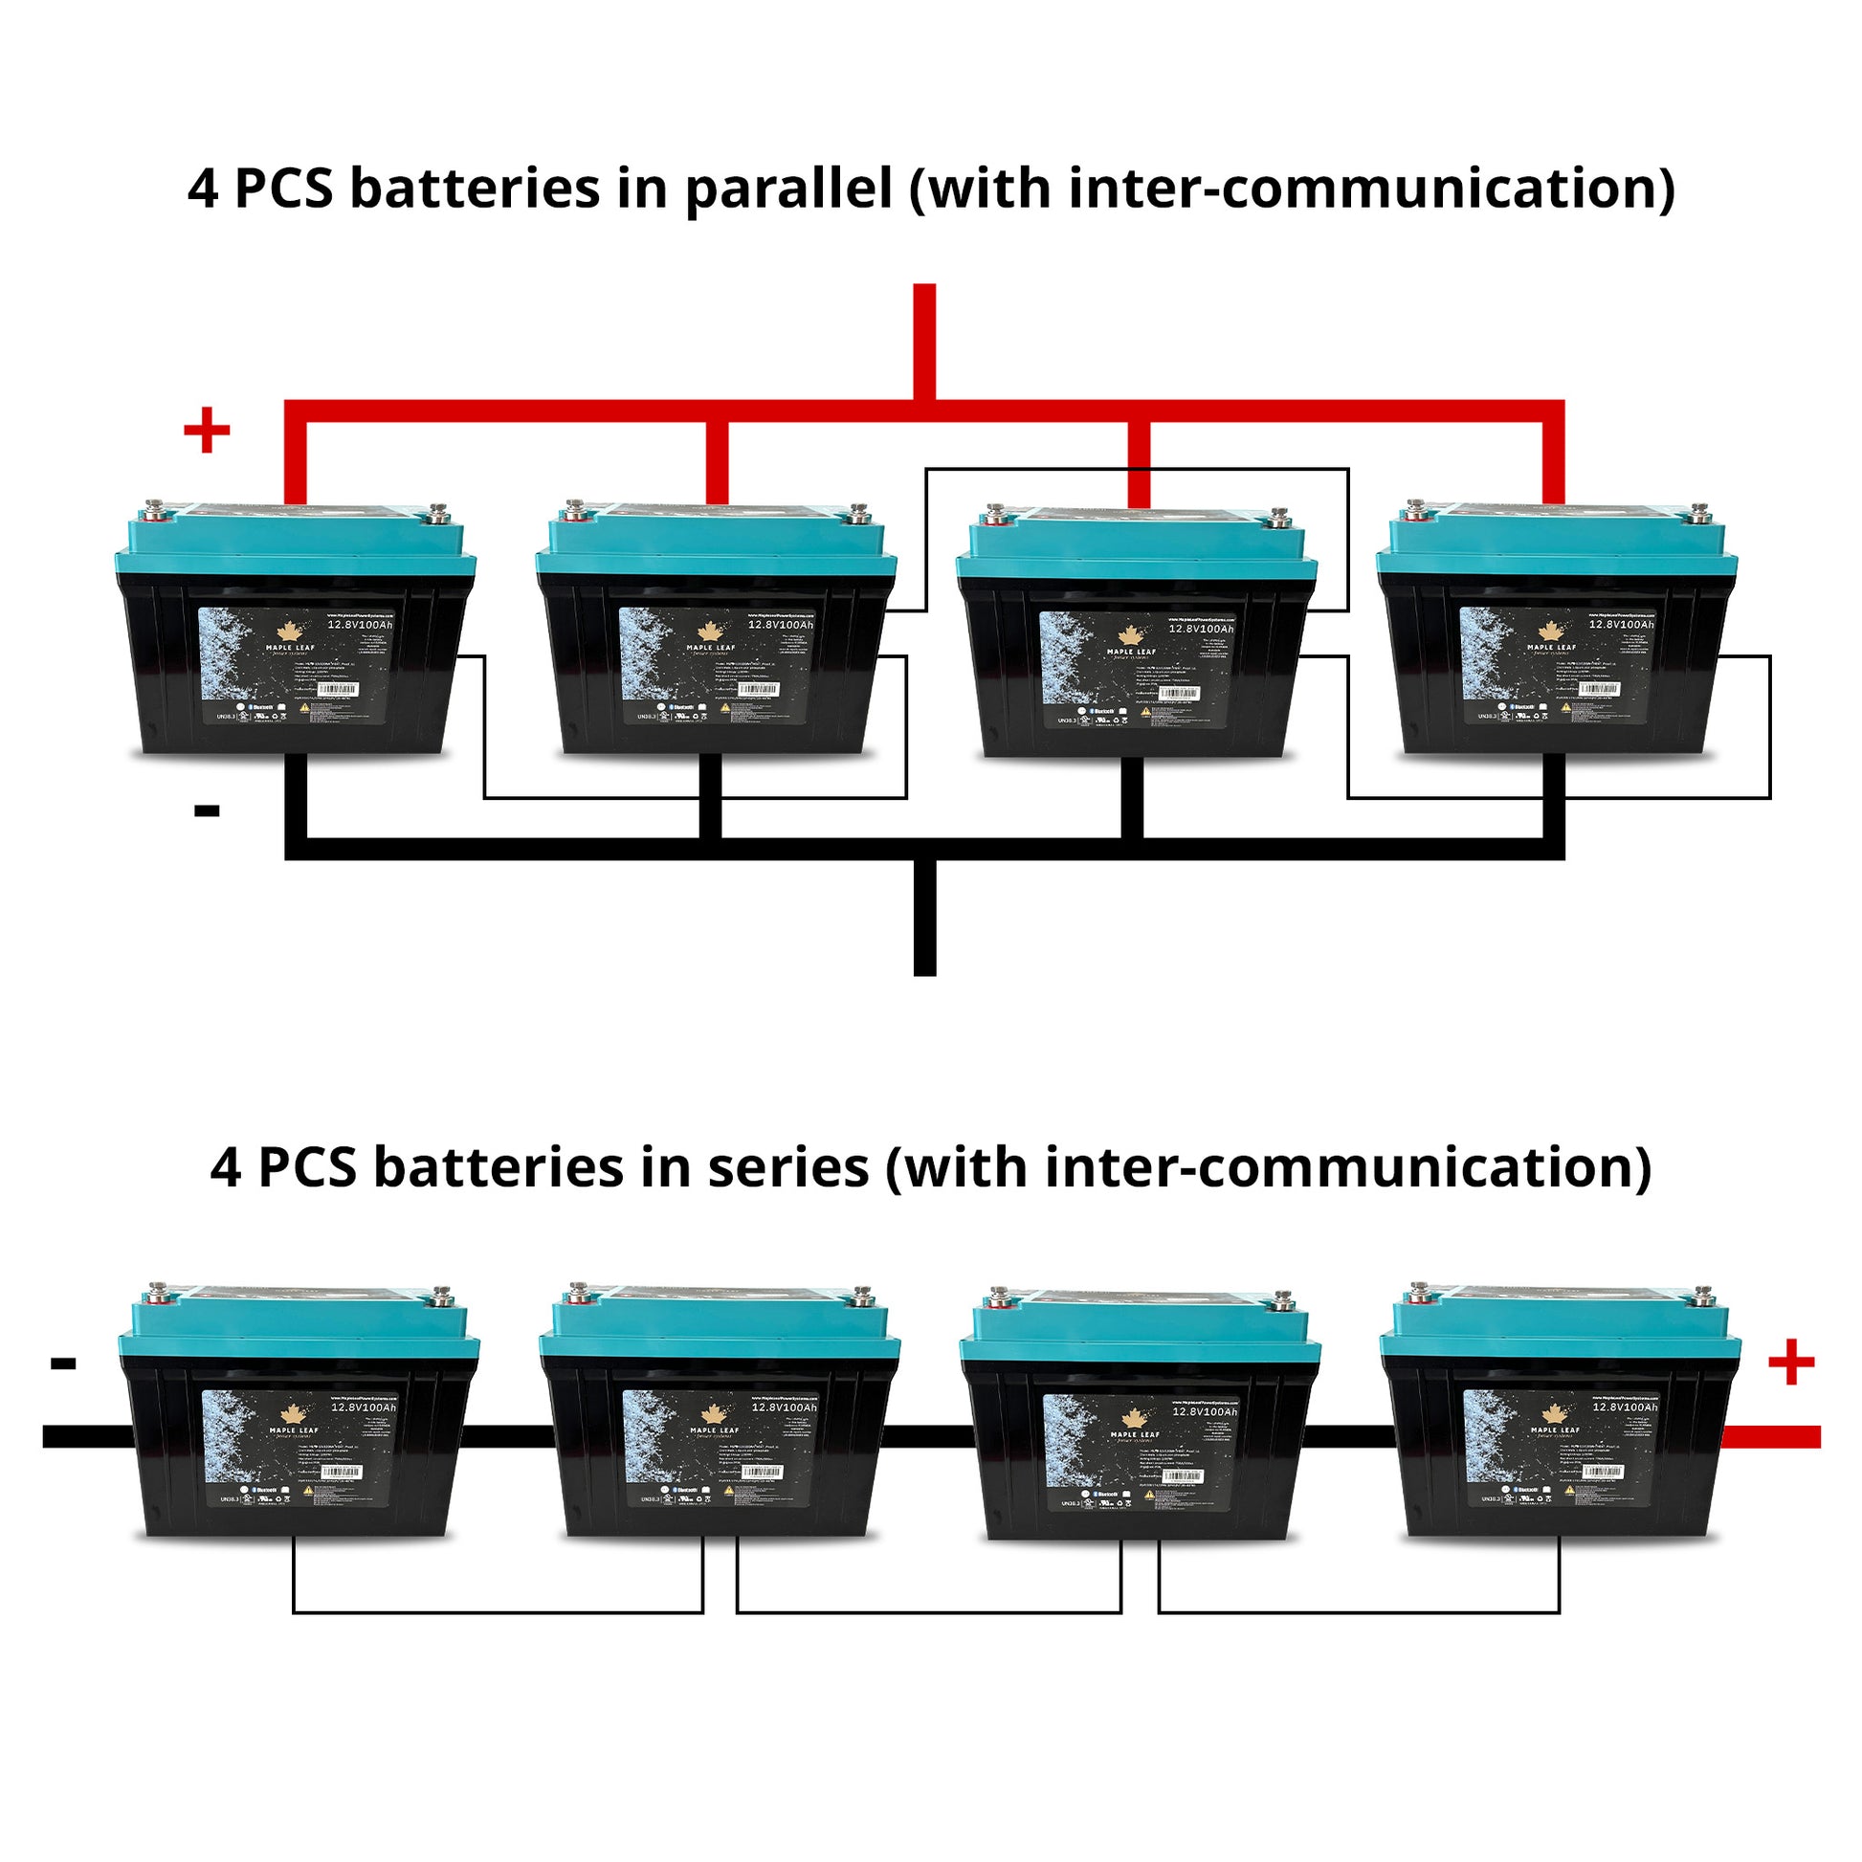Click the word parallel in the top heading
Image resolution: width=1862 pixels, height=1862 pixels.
coord(788,188)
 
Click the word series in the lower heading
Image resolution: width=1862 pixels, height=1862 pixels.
coord(788,1168)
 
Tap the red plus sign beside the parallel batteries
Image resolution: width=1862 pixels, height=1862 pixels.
coord(207,430)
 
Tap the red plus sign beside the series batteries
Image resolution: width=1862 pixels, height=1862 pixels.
coord(1790,1363)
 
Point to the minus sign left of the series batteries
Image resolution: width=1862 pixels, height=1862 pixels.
coord(63,1363)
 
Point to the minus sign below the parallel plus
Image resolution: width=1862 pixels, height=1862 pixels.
coord(207,810)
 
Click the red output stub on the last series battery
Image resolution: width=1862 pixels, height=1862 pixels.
coord(1771,1437)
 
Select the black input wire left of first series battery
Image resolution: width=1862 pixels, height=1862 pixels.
coord(87,1437)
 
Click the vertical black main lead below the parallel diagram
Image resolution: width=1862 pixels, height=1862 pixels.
coord(924,916)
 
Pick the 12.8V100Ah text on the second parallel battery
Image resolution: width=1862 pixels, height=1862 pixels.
coord(781,625)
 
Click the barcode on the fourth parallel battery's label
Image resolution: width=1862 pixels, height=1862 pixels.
coord(1599,690)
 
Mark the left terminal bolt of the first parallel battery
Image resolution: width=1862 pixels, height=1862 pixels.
coord(154,508)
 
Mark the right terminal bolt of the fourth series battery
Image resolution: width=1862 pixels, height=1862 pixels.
coord(1703,1294)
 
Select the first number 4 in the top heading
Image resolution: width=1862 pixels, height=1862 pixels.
coord(203,188)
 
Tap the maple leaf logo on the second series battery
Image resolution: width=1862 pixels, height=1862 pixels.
coord(714,1415)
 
